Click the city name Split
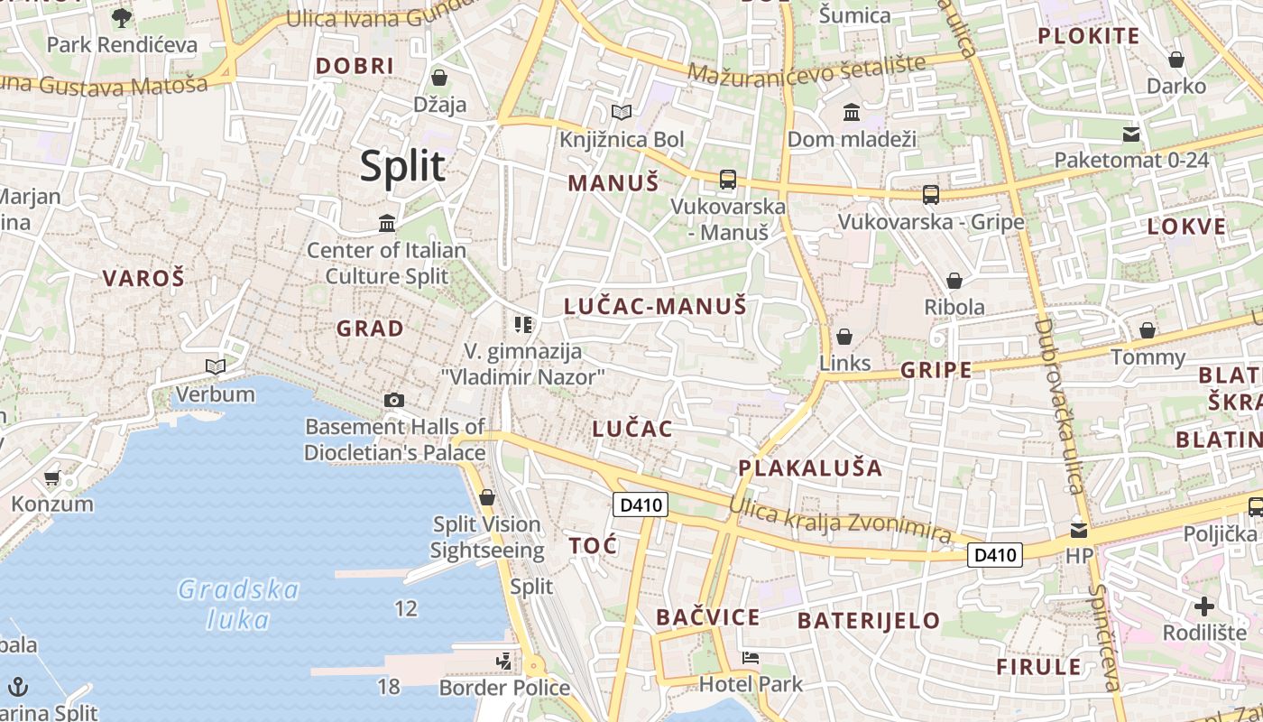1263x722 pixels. click(402, 167)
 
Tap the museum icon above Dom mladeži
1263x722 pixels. click(851, 113)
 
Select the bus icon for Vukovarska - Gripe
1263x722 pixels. click(931, 195)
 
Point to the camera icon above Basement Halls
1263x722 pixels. click(394, 400)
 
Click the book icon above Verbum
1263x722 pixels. click(215, 366)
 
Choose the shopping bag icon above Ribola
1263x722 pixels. click(954, 281)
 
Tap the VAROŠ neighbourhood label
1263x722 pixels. click(143, 278)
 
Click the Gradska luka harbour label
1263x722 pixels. click(238, 605)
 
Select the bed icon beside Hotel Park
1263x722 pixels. click(749, 658)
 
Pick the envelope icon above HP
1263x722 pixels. click(1079, 530)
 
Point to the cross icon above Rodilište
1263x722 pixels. click(1203, 606)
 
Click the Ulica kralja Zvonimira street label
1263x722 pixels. click(839, 521)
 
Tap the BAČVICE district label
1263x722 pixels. click(707, 617)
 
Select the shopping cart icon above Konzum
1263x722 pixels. click(51, 477)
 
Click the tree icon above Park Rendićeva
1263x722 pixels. click(121, 17)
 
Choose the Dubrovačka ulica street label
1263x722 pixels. click(1059, 406)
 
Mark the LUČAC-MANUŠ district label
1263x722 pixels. click(655, 307)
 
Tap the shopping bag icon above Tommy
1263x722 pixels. click(1148, 330)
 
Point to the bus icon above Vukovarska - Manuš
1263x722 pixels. click(728, 180)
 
